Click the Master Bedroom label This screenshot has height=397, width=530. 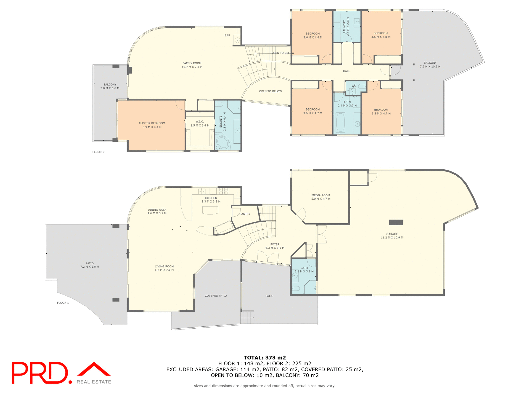click(152, 123)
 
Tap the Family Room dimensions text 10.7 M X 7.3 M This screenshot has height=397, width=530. click(192, 67)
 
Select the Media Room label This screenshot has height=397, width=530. click(320, 195)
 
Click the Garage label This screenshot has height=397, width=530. click(392, 234)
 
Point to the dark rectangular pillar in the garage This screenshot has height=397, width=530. click(396, 222)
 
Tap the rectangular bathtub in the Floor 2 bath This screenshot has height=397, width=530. click(340, 122)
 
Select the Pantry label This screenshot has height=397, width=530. click(245, 214)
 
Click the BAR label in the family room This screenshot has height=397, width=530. click(227, 36)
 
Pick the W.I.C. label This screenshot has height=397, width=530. click(200, 122)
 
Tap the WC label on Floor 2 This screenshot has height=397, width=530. click(354, 86)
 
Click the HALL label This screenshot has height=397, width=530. click(346, 71)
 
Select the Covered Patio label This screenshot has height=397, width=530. click(216, 296)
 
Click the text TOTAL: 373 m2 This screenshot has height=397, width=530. click(264, 358)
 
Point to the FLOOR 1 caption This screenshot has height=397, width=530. click(63, 303)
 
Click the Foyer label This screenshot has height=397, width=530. click(275, 244)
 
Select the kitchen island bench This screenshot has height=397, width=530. click(210, 210)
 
